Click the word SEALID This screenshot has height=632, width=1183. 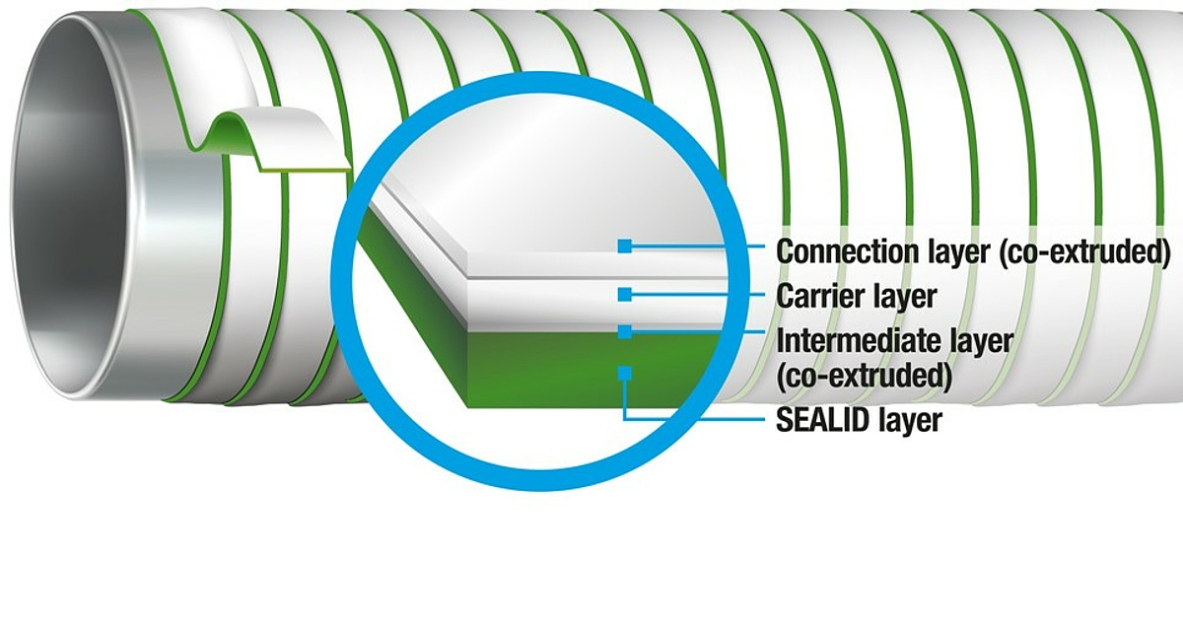(x=823, y=420)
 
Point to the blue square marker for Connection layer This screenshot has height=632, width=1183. (x=625, y=246)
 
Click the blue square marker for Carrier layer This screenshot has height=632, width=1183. (x=625, y=295)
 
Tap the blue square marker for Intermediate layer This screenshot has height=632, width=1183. (x=625, y=331)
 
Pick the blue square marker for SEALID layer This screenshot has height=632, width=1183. (x=625, y=374)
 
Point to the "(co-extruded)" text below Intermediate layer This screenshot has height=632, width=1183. (x=864, y=376)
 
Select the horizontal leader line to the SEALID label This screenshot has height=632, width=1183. (x=694, y=420)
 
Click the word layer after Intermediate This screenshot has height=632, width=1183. (x=982, y=342)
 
